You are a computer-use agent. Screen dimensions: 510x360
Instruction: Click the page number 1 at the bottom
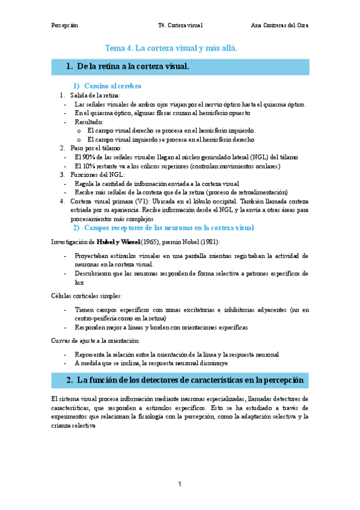point(180,484)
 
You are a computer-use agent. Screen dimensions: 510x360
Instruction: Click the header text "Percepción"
point(64,26)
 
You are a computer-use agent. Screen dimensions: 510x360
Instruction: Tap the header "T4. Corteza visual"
point(180,26)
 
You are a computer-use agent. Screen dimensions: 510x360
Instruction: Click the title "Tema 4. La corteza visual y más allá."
point(171,48)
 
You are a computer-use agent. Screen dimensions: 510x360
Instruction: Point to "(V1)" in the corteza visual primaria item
point(142,201)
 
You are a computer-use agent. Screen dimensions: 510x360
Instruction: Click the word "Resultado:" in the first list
point(89,121)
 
